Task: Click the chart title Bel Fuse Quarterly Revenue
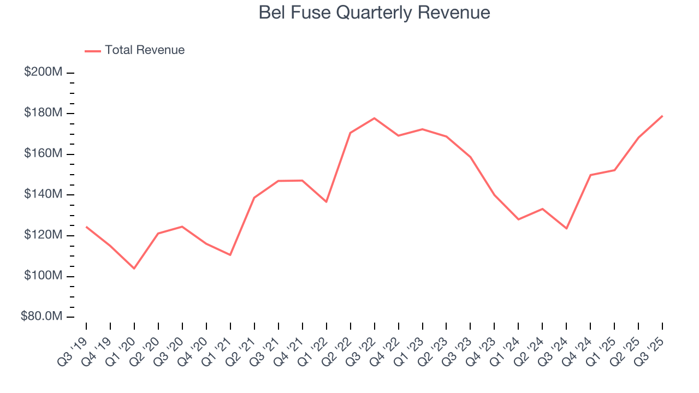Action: coord(374,13)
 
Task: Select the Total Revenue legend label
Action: coord(145,50)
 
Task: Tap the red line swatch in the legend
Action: coord(93,51)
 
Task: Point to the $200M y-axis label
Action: coord(43,73)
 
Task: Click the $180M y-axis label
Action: coord(43,114)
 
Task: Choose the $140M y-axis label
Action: coord(43,195)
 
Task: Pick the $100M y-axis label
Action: coord(43,276)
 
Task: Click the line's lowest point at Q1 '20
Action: coord(134,269)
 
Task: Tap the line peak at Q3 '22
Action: coord(374,118)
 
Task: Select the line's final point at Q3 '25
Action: coord(662,116)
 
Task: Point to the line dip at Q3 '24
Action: coord(566,228)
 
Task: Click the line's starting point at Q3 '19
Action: coord(86,227)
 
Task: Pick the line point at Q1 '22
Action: coord(326,202)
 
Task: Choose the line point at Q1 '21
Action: coord(230,255)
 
